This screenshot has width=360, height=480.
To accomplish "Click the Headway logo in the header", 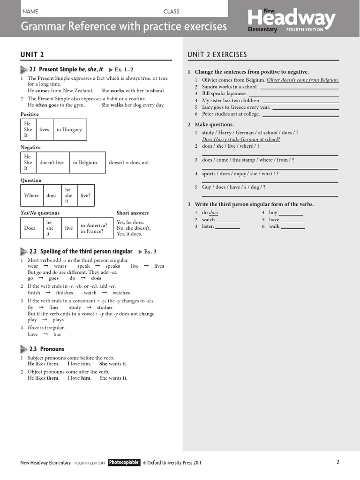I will click(292, 20).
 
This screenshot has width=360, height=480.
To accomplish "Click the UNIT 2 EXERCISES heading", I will click(217, 55).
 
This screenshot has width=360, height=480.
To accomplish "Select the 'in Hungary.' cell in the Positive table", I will click(69, 129).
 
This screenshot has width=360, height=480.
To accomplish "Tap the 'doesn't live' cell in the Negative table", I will click(52, 163).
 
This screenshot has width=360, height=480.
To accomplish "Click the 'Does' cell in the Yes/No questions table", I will click(30, 228).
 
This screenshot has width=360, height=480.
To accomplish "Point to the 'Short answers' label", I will click(133, 213).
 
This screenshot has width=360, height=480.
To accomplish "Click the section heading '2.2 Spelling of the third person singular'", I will click(81, 251).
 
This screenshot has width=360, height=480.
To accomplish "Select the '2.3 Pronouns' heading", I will click(46, 349).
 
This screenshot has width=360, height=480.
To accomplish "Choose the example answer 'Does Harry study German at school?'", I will click(241, 139).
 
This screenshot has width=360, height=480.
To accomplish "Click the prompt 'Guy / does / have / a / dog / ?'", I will click(233, 187).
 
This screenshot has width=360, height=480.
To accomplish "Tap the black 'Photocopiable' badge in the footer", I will click(124, 462).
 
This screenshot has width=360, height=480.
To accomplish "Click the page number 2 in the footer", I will click(337, 462).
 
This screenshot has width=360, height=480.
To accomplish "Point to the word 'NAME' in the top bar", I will click(30, 11).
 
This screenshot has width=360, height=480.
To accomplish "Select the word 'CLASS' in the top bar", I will click(171, 11).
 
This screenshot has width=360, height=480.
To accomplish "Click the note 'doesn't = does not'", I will click(129, 163).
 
